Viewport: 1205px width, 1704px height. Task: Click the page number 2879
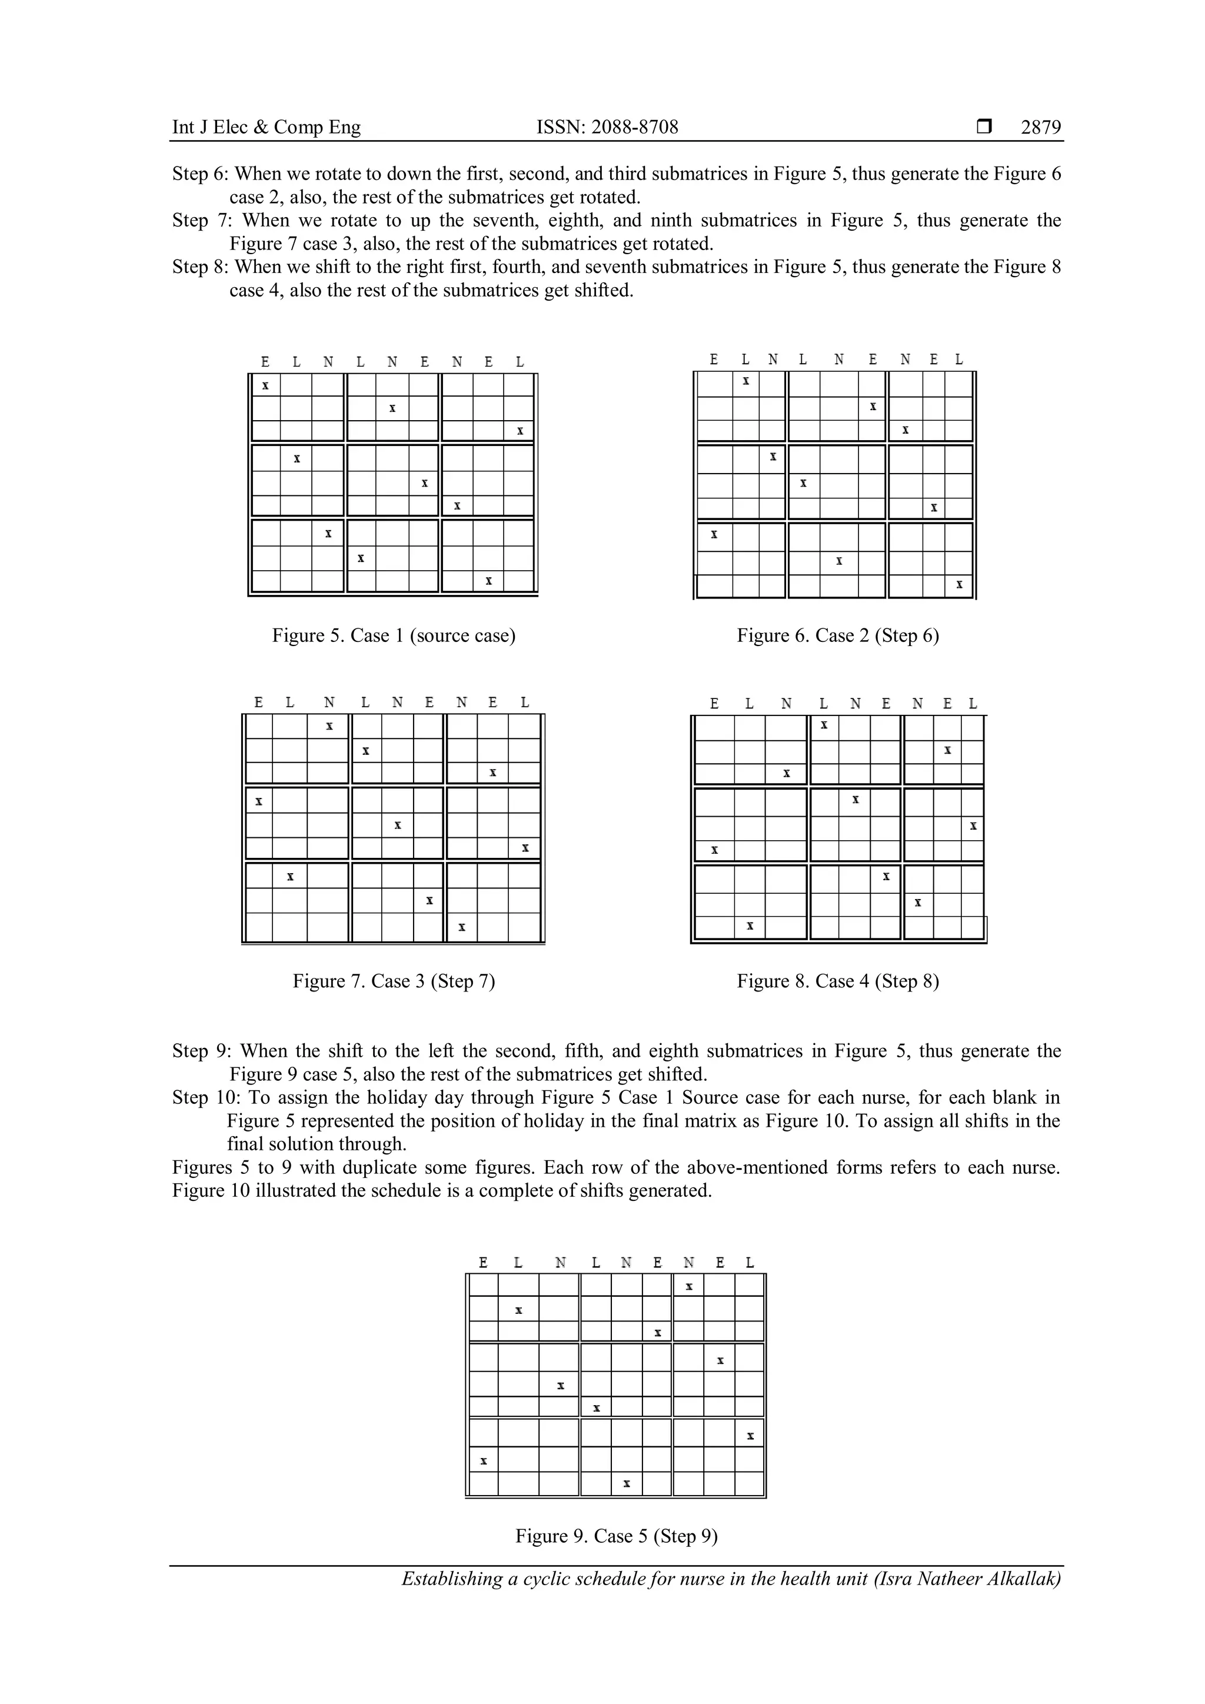point(1040,128)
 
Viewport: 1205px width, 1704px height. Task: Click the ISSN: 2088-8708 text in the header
point(607,128)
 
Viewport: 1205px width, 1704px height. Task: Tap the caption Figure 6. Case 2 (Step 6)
point(838,635)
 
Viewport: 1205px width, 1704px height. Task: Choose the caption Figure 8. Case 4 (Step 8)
point(838,981)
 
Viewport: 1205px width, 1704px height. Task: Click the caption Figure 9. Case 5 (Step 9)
point(617,1536)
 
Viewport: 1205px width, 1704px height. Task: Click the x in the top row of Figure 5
point(265,386)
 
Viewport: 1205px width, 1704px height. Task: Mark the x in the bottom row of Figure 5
point(488,581)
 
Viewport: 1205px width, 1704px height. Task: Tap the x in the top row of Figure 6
point(745,381)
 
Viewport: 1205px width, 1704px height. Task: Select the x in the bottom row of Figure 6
point(958,585)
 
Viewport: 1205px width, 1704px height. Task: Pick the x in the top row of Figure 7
point(329,726)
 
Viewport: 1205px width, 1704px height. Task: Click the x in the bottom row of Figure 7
point(461,927)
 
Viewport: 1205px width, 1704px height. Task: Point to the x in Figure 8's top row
point(824,725)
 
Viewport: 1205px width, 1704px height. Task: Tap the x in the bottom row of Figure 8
point(750,926)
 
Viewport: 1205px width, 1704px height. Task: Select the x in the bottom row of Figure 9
point(626,1483)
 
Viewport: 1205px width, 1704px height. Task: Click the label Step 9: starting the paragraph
point(201,1051)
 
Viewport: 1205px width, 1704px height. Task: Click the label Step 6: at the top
point(201,174)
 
